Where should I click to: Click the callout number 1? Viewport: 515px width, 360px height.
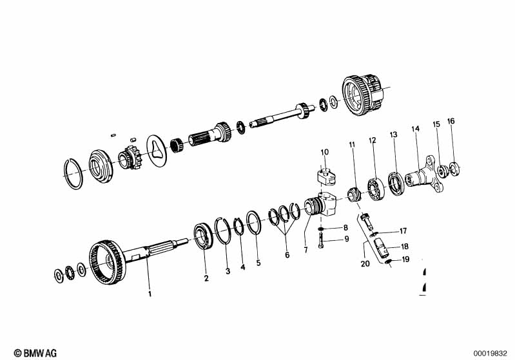tap(150, 294)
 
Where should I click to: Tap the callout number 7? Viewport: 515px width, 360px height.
tap(306, 250)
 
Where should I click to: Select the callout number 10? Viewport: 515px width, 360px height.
tap(324, 152)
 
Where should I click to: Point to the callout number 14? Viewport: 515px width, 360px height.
tap(416, 129)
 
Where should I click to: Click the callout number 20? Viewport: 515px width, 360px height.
tap(365, 263)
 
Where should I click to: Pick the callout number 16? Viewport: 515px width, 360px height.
tap(451, 121)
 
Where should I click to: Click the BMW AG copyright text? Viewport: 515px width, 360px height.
tap(35, 353)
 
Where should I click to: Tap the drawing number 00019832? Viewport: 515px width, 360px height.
tap(490, 354)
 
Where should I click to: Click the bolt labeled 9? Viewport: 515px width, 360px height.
tap(321, 240)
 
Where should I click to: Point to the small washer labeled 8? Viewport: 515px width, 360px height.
tap(321, 229)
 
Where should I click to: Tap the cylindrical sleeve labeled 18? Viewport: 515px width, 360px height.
tap(382, 247)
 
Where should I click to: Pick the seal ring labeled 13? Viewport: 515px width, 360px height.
tap(396, 183)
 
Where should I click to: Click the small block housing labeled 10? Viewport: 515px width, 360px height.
tap(326, 175)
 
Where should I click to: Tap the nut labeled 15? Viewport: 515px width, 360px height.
tap(442, 171)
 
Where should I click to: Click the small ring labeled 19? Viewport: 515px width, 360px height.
tap(387, 261)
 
